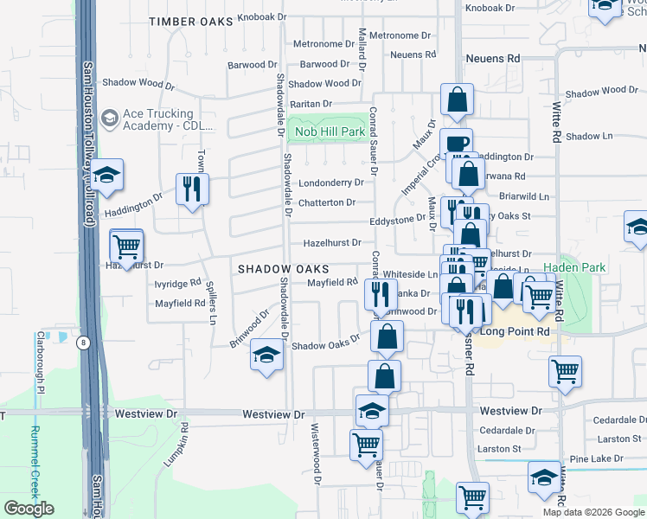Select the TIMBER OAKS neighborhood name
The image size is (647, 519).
pyautogui.click(x=190, y=21)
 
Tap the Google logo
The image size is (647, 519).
pyautogui.click(x=29, y=509)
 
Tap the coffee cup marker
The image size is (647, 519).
pyautogui.click(x=455, y=144)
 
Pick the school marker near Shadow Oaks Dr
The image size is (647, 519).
pyautogui.click(x=266, y=355)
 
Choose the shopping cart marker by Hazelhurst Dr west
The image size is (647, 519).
pyautogui.click(x=127, y=247)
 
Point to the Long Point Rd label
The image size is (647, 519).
pyautogui.click(x=516, y=331)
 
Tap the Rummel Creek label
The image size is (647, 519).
pyautogui.click(x=35, y=463)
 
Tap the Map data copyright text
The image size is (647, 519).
pyautogui.click(x=593, y=512)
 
